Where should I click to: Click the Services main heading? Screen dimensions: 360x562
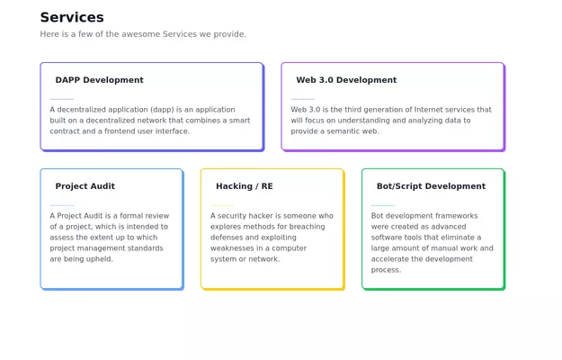pyautogui.click(x=72, y=17)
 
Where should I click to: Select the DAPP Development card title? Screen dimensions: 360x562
pyautogui.click(x=99, y=80)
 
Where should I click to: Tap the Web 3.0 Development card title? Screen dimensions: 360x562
pyautogui.click(x=346, y=80)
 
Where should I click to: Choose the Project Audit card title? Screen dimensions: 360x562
pyautogui.click(x=85, y=186)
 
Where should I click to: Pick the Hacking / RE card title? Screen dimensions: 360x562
pyautogui.click(x=245, y=186)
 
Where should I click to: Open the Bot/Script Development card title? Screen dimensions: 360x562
pyautogui.click(x=431, y=186)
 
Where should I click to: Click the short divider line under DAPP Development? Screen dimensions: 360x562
pyautogui.click(x=62, y=99)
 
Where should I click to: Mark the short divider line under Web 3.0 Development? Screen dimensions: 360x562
pyautogui.click(x=303, y=99)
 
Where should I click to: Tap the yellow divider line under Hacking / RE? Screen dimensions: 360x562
pyautogui.click(x=222, y=205)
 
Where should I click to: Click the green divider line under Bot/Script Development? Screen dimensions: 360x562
pyautogui.click(x=383, y=205)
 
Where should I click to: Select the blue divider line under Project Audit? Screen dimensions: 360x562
pyautogui.click(x=62, y=205)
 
